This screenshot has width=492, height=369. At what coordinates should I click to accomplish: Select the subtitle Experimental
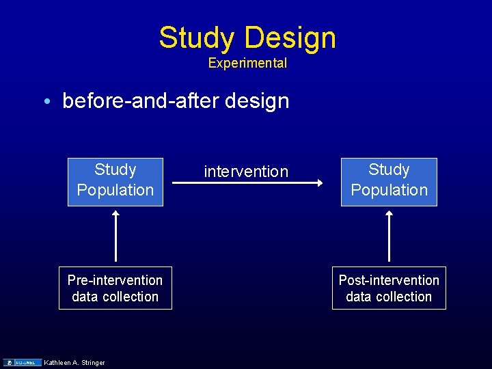tap(247, 64)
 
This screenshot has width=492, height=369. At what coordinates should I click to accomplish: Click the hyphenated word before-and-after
tap(139, 101)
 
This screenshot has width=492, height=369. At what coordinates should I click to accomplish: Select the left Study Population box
tap(115, 182)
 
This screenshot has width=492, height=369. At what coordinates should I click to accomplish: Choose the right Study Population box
tap(389, 182)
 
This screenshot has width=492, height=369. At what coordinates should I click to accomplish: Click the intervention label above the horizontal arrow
tap(246, 172)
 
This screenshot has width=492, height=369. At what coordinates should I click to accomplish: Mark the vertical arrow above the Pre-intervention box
tap(115, 236)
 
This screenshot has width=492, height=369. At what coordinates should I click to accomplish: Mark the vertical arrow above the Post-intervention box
tap(389, 236)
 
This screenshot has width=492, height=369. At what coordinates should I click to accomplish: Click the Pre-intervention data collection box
tap(115, 288)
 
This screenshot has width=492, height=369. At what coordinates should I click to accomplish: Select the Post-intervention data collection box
tap(389, 288)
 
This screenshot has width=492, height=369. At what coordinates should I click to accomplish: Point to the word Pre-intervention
tap(115, 280)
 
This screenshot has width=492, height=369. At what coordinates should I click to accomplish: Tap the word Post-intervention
tap(389, 280)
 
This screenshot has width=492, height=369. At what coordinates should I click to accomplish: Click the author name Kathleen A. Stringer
tap(74, 362)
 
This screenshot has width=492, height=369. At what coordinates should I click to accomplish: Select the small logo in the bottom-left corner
tap(23, 362)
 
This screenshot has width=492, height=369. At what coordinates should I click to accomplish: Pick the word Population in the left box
tap(115, 190)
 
